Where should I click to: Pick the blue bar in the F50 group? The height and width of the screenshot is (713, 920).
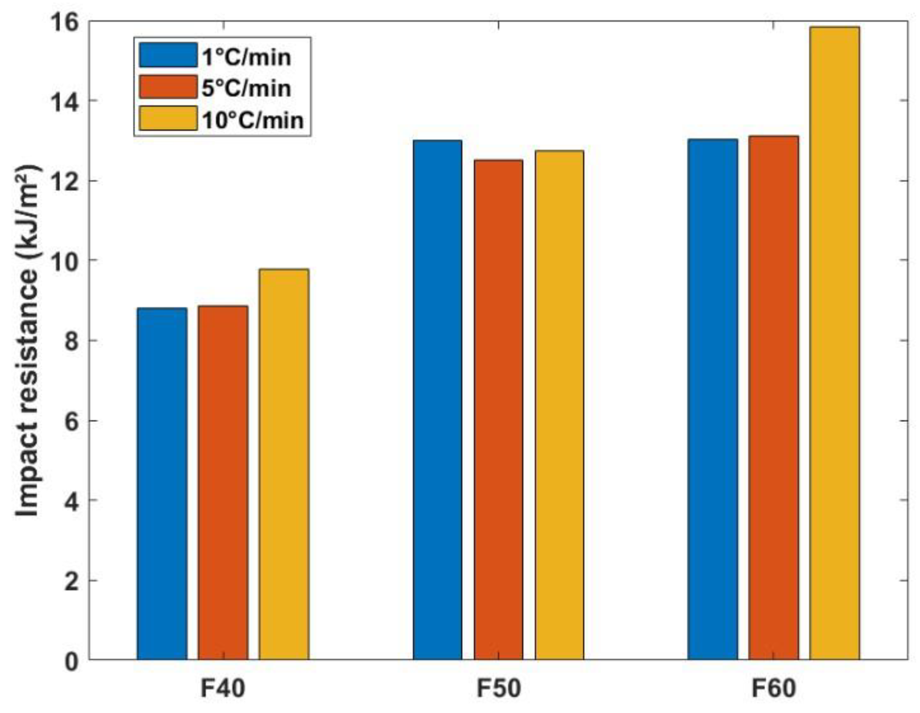(x=437, y=399)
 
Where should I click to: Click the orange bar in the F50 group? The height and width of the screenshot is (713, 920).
(x=498, y=409)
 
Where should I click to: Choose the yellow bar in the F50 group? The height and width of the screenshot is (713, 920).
(x=559, y=404)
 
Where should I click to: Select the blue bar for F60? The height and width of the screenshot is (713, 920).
(x=712, y=399)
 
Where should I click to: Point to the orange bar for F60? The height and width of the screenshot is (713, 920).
(x=773, y=397)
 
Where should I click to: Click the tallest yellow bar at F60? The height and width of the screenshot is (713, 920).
(x=834, y=343)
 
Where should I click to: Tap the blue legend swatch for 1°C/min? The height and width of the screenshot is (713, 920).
(x=168, y=55)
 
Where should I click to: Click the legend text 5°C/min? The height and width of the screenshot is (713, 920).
(x=246, y=88)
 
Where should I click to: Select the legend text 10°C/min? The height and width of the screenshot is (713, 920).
(x=252, y=120)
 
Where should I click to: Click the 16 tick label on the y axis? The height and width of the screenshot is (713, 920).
(x=65, y=22)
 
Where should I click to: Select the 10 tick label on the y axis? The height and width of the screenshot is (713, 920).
(x=65, y=260)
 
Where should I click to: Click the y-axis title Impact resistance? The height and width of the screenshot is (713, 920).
(x=29, y=341)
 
